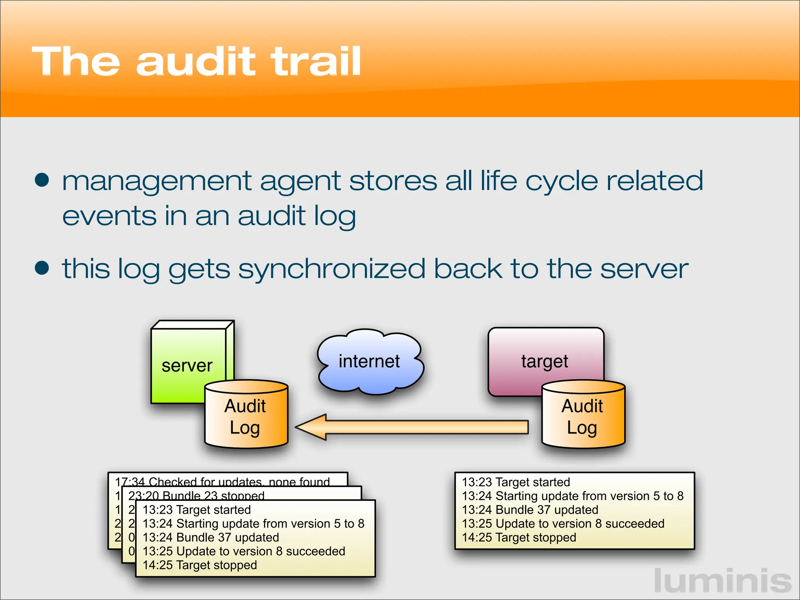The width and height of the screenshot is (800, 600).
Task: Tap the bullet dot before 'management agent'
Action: [x=42, y=180]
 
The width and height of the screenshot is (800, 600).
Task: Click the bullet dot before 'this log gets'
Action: [x=42, y=268]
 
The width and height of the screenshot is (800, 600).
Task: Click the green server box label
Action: [x=187, y=366]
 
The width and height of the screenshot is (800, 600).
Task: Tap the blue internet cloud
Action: [x=369, y=361]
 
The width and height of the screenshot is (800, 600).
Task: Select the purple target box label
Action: [x=545, y=361]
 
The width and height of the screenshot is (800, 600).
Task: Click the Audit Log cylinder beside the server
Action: [x=246, y=416]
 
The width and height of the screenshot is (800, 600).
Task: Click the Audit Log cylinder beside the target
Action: [x=582, y=416]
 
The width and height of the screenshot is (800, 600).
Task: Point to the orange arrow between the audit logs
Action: [x=414, y=427]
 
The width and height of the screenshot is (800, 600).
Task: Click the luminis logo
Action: [x=722, y=581]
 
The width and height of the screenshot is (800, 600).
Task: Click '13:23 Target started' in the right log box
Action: [x=516, y=482]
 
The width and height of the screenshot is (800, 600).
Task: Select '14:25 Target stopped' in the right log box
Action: [x=519, y=537]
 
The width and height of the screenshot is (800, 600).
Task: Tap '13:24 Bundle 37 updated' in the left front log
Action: [x=211, y=537]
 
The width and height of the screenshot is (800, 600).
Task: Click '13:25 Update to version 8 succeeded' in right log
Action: [x=563, y=523]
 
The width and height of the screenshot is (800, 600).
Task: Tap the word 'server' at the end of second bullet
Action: [x=644, y=269]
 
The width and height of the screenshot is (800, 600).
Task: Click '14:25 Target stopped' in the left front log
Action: [x=200, y=565]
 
